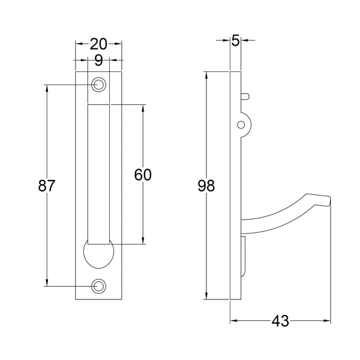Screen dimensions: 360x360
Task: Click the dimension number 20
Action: (x=98, y=44)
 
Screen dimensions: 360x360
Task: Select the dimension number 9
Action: (x=98, y=60)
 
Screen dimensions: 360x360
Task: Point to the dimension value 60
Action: (x=142, y=175)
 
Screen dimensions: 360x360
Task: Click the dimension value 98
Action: (x=206, y=186)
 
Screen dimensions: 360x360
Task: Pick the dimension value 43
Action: (x=280, y=321)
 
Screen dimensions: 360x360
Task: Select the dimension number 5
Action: (x=235, y=41)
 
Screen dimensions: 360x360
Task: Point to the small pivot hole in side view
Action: (x=241, y=125)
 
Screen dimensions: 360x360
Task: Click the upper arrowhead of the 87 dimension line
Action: (x=47, y=88)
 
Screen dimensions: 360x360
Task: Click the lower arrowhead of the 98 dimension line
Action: (x=206, y=296)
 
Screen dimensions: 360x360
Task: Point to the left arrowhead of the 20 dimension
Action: (x=77, y=44)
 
